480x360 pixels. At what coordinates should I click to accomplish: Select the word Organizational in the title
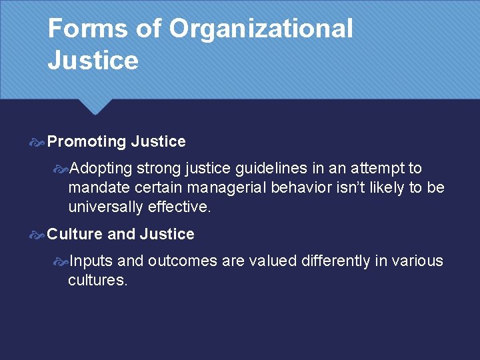click(x=261, y=29)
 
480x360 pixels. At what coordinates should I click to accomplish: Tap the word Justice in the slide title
click(x=93, y=61)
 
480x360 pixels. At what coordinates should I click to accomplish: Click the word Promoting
click(x=87, y=141)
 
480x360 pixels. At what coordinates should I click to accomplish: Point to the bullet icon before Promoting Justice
click(x=38, y=141)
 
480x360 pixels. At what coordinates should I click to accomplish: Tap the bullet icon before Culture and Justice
click(x=38, y=234)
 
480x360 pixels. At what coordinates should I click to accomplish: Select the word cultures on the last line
click(x=97, y=281)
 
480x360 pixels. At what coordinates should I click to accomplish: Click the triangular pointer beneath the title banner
click(x=96, y=107)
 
